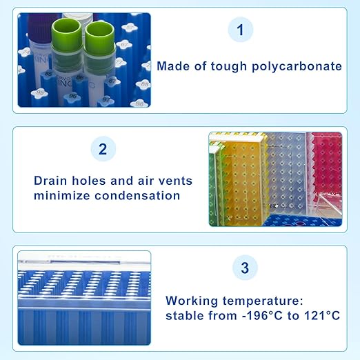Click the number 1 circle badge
tap(241, 30)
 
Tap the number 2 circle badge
tap(103, 149)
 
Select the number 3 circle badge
tap(245, 268)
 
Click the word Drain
tap(52, 181)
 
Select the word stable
tap(185, 315)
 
